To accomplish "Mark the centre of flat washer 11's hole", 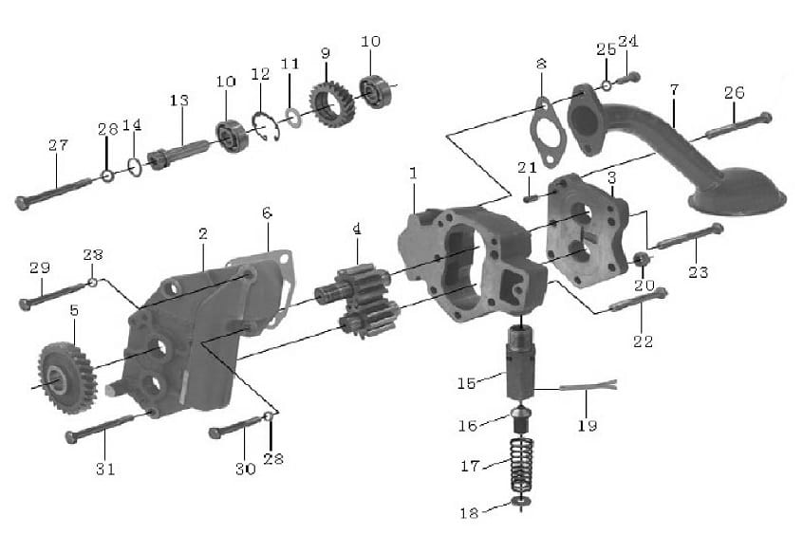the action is [x=293, y=118].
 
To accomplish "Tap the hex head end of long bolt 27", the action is [x=22, y=203].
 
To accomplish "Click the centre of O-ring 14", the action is [x=134, y=167].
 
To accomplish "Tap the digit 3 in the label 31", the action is [x=100, y=469].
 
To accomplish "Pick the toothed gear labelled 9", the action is [x=332, y=103].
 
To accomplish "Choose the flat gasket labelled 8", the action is [x=547, y=133].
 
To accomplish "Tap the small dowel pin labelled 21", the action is [x=530, y=197].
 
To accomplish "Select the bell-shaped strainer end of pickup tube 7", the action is [x=738, y=192].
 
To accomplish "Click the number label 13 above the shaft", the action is [x=179, y=100].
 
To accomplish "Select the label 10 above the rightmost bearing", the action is [x=370, y=41].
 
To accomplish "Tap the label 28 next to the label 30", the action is [x=273, y=458].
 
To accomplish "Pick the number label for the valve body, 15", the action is [x=467, y=382].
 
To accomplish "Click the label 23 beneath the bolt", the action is [x=698, y=271].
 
